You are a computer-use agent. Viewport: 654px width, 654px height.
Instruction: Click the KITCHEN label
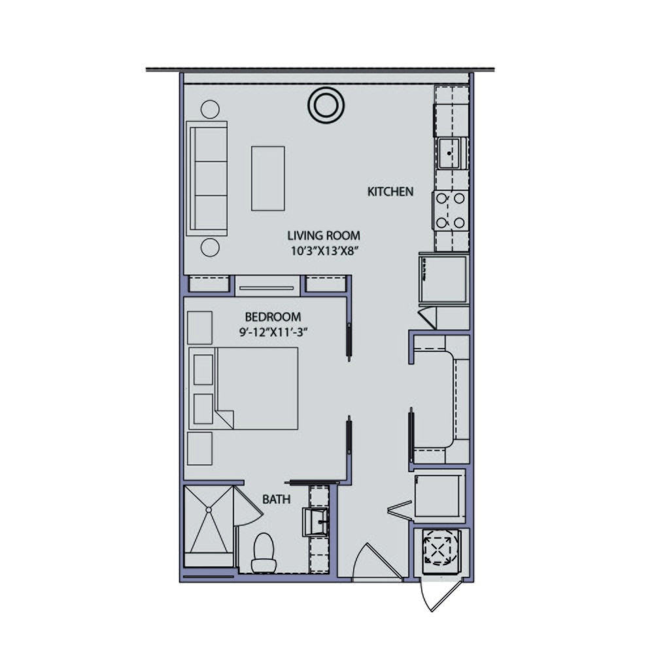pyautogui.click(x=390, y=192)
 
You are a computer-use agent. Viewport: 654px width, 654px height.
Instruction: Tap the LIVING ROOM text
pyautogui.click(x=324, y=235)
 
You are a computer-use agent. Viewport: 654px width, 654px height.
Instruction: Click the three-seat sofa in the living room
pyautogui.click(x=207, y=178)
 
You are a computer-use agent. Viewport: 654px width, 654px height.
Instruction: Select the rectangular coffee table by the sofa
pyautogui.click(x=267, y=178)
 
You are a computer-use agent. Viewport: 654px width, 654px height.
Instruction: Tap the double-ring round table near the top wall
pyautogui.click(x=325, y=104)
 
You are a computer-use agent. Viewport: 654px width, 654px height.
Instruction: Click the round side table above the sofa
pyautogui.click(x=210, y=109)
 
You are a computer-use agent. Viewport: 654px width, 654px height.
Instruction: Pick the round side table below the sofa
pyautogui.click(x=210, y=247)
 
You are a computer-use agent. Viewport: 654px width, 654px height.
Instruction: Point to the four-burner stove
pyautogui.click(x=451, y=210)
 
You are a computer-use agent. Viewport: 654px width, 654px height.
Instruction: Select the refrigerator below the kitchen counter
pyautogui.click(x=443, y=279)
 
